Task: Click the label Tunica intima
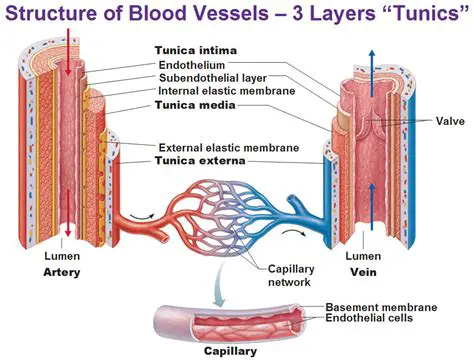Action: click(196, 51)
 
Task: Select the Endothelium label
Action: click(198, 65)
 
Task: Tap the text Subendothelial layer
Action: click(213, 78)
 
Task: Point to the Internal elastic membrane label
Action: click(222, 91)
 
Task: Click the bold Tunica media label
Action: click(195, 105)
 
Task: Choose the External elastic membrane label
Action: click(223, 145)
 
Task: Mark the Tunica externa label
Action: click(200, 159)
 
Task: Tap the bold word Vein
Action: click(361, 271)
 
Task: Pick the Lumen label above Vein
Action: click(362, 256)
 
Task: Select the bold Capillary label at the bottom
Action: click(230, 351)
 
